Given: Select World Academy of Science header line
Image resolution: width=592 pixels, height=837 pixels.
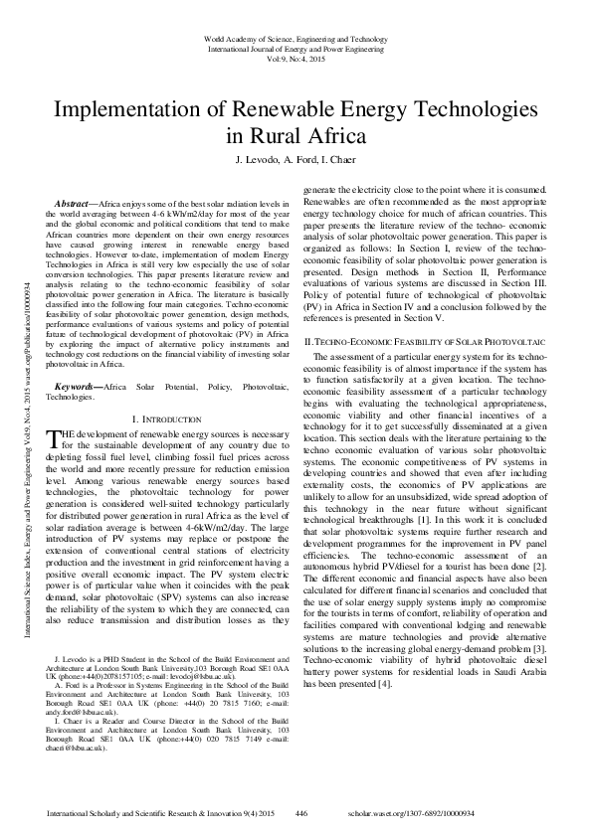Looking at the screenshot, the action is tap(296, 37).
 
